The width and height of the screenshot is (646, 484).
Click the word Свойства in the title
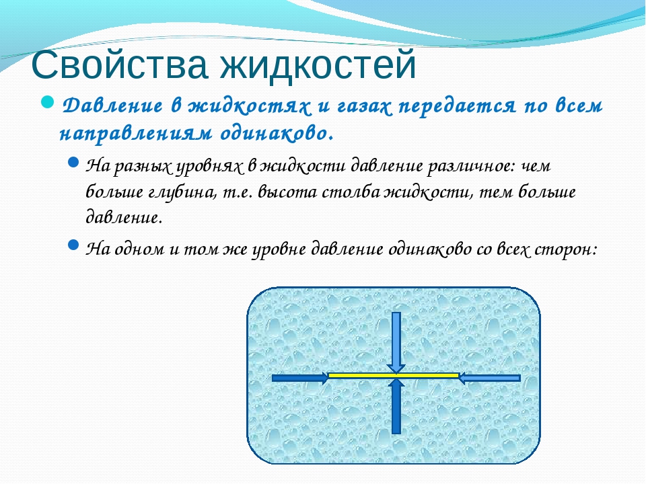(119, 65)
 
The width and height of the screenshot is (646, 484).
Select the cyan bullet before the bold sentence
(48, 102)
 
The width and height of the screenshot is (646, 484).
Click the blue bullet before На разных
(73, 162)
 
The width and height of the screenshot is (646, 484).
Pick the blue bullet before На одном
(73, 245)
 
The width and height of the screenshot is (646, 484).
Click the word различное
(471, 166)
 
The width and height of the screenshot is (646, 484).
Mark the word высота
(287, 192)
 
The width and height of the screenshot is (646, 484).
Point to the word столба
(351, 192)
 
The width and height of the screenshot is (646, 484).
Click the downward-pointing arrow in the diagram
(396, 342)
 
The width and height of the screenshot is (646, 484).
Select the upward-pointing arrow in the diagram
(396, 406)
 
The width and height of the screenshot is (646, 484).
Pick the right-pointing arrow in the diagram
(300, 378)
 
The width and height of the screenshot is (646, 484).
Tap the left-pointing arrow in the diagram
(490, 378)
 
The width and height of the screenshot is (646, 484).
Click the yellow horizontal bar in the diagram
(394, 375)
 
